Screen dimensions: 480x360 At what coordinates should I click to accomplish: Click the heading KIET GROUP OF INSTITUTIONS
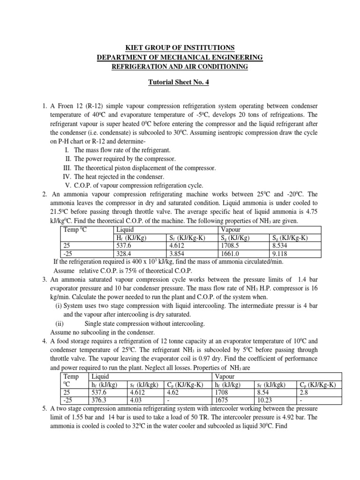[x=180, y=48]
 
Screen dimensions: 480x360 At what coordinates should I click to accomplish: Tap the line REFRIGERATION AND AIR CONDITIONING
[x=180, y=67]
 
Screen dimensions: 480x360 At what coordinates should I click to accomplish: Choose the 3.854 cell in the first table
[x=178, y=254]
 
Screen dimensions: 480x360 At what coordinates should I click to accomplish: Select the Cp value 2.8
[x=304, y=392]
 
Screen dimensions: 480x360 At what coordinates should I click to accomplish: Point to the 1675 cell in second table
[x=222, y=400]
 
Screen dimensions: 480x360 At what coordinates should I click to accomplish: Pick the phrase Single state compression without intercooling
[x=144, y=323]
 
